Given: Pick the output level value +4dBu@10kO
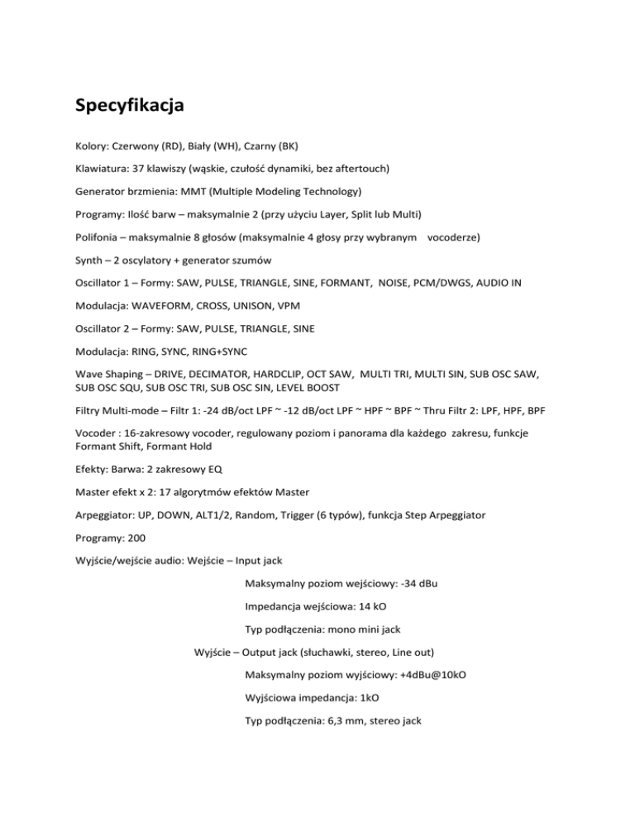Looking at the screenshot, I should click(x=425, y=675).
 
